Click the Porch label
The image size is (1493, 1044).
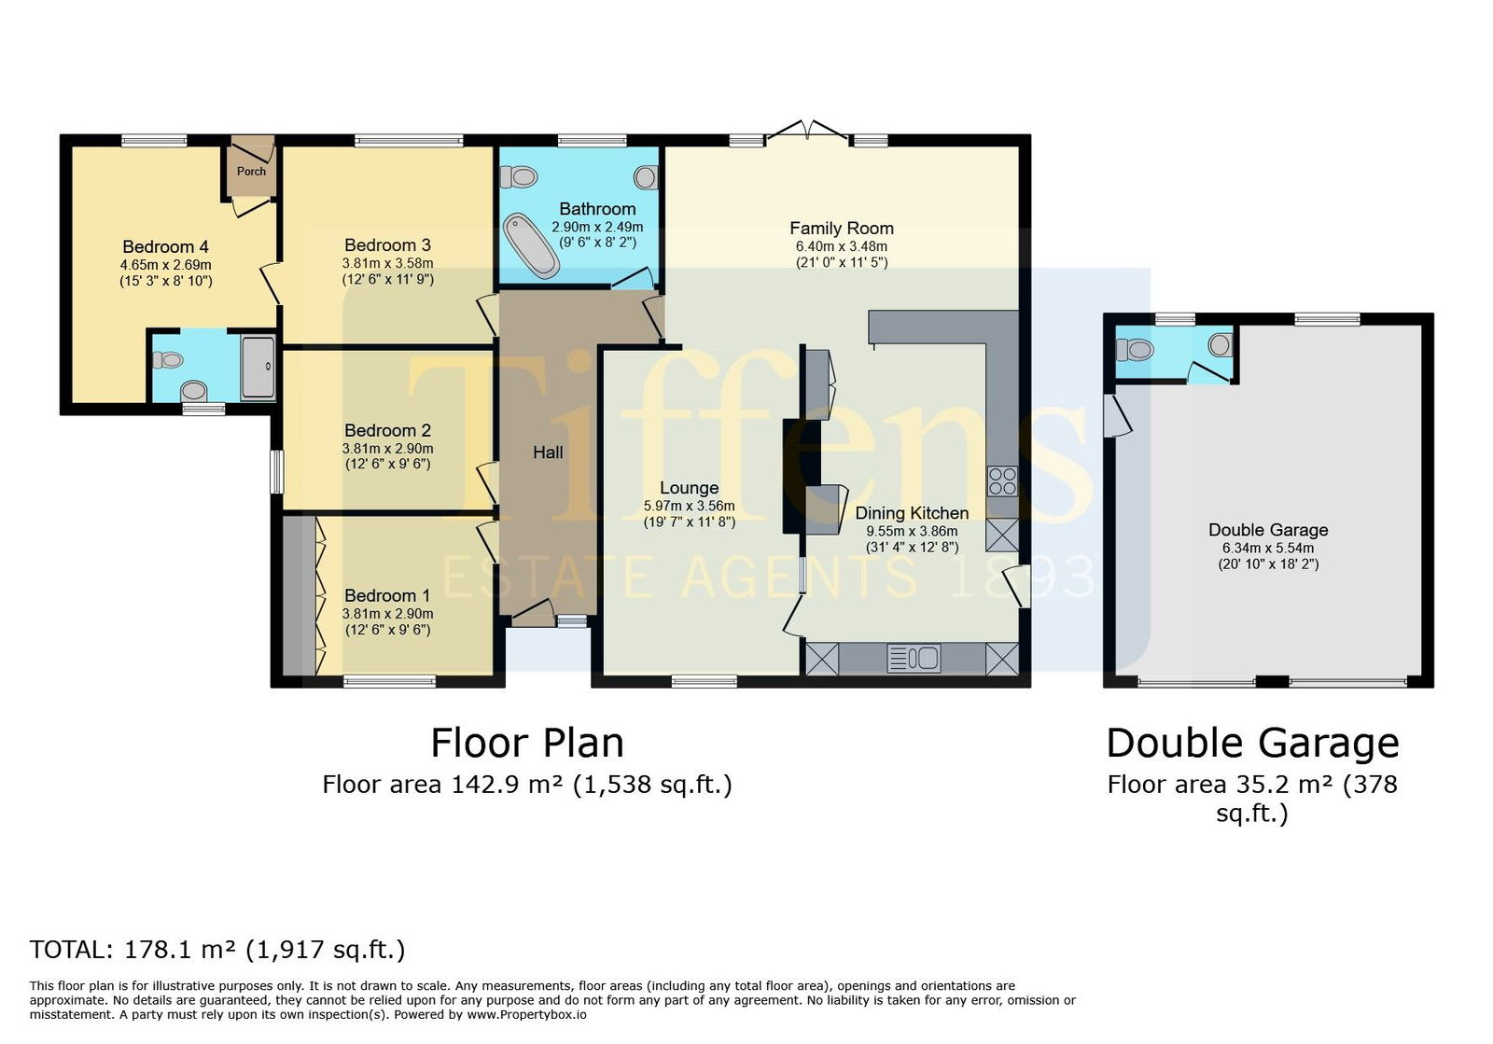[x=251, y=172]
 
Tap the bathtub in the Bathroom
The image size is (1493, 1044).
[x=531, y=246]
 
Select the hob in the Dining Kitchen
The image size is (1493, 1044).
[x=1002, y=481]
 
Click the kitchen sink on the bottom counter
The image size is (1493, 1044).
[x=914, y=659]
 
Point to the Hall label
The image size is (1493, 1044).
[x=548, y=452]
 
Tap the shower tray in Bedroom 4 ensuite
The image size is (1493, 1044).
[x=258, y=368]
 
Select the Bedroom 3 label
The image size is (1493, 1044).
[x=388, y=245]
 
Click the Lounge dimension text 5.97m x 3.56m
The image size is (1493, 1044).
[x=690, y=506]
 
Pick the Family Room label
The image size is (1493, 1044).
[x=842, y=229]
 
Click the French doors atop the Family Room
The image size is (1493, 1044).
[x=807, y=131]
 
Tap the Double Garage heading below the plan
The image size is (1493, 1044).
[x=1252, y=743]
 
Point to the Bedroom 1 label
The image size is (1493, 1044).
[x=387, y=595]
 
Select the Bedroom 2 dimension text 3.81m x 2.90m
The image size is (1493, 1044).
[x=388, y=449]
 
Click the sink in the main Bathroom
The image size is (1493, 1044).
[x=645, y=178]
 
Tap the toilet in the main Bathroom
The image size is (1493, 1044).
[x=519, y=178]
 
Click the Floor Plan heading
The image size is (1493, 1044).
[x=527, y=743]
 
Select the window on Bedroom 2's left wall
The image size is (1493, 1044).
[x=276, y=472]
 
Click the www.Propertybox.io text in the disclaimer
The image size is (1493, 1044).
[x=526, y=1015]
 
